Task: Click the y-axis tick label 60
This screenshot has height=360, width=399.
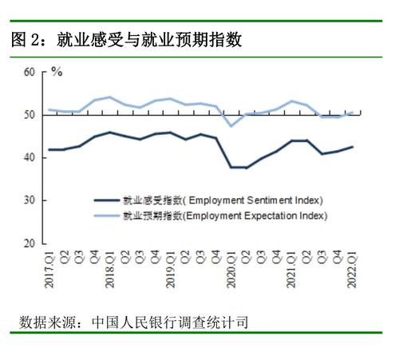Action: click(30, 72)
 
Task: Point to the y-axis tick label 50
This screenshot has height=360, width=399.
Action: click(30, 115)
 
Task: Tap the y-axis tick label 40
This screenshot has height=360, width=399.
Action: click(30, 157)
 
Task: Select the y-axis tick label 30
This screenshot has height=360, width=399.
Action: click(30, 200)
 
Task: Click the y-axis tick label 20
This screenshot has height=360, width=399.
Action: click(30, 243)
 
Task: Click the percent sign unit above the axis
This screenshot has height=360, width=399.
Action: click(57, 72)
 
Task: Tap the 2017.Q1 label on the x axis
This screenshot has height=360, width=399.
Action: click(49, 269)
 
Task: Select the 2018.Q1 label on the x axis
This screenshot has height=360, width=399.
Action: click(110, 269)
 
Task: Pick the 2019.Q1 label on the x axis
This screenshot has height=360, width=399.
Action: click(171, 269)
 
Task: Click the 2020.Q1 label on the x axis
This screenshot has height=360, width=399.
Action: click(231, 269)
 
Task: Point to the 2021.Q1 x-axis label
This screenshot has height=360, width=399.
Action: click(291, 269)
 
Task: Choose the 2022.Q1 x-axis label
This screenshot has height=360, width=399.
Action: click(352, 269)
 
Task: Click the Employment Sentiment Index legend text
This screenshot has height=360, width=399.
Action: click(223, 200)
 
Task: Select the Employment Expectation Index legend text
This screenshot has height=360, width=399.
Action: click(225, 216)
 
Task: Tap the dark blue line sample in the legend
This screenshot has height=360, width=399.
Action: click(107, 200)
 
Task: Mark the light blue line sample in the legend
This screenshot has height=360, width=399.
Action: click(107, 216)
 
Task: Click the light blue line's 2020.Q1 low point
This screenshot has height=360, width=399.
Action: click(231, 126)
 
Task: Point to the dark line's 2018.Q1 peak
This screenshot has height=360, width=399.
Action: click(110, 133)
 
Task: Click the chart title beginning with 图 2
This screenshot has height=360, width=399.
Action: click(127, 40)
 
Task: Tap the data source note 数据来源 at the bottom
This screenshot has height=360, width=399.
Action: click(134, 322)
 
